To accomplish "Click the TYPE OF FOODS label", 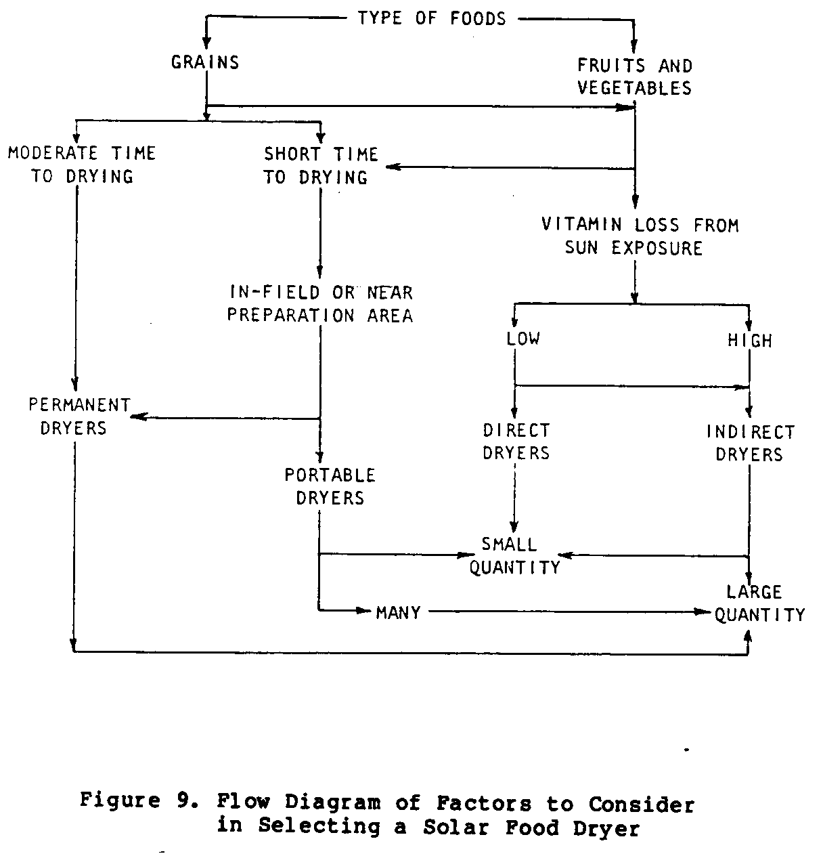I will coord(432,18).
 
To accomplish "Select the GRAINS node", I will coord(205,62).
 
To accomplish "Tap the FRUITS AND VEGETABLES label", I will coord(634,77).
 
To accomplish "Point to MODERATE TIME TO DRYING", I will coord(82,165).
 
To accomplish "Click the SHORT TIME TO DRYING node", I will coord(320,165).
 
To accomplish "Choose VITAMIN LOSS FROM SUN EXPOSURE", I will coord(640,236).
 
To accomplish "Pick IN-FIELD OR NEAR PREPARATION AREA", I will coord(320,304).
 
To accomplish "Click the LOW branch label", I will coord(523,338).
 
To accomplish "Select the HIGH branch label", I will coord(750,340).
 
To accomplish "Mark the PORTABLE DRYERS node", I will coord(330,486).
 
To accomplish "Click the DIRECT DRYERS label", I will coord(516,442).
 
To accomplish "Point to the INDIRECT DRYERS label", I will coord(750,443).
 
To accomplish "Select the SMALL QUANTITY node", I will coord(514,555).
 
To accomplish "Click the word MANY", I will coord(398,612).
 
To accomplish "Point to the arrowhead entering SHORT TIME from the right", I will coord(391,167).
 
